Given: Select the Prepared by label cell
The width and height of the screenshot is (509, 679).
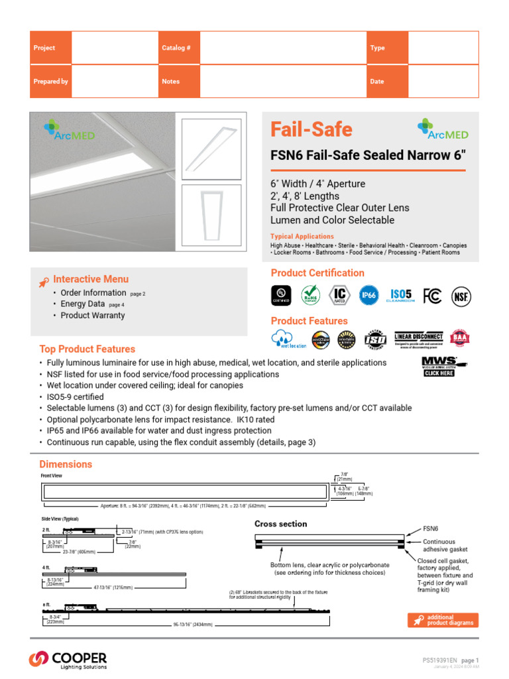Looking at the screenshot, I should [50, 82].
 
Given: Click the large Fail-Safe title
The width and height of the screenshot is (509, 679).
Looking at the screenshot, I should [311, 130].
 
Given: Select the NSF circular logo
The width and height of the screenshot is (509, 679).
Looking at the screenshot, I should [461, 296].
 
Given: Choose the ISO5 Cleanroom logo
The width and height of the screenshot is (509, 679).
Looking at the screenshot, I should [401, 296].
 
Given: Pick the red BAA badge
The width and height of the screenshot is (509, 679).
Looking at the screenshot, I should [460, 338].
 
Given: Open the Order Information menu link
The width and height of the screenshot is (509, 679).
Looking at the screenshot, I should [93, 292].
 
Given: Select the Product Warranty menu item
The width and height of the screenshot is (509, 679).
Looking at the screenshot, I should [92, 316].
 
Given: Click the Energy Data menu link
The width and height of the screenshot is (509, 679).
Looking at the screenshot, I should [83, 304].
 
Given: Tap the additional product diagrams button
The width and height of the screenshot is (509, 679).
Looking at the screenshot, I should [443, 620].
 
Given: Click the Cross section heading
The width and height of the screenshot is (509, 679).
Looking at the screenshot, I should [281, 524].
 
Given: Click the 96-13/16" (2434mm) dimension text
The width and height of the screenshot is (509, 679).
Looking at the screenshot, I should [196, 625].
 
